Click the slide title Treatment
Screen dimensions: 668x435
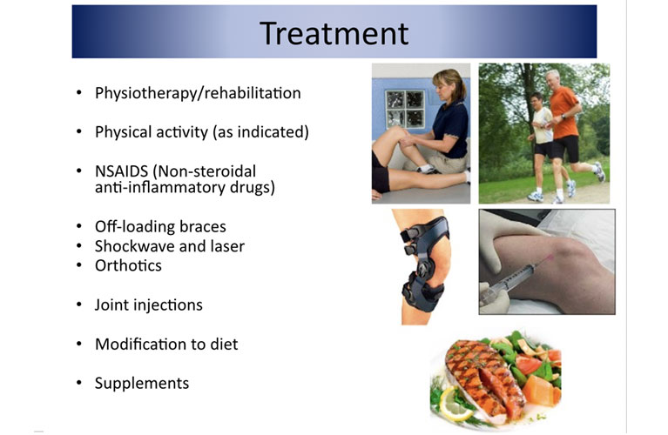334,33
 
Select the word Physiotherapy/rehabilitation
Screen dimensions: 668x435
198,93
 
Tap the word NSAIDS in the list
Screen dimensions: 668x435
121,171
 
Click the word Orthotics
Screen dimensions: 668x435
128,265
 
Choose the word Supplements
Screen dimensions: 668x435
142,384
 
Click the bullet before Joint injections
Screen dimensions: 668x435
78,304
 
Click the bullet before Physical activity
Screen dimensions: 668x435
78,132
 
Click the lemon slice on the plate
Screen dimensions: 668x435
454,405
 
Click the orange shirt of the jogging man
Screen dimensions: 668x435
563,111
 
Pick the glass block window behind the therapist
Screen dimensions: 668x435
405,110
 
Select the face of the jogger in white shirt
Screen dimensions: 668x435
536,101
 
